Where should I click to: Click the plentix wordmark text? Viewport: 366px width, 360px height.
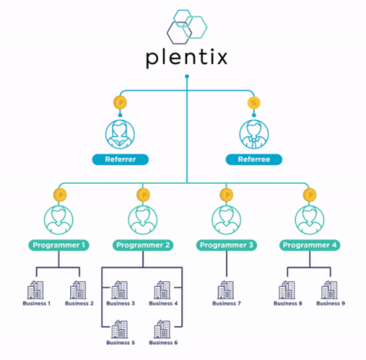point(187,58)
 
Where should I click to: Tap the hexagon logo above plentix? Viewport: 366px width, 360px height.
point(187,26)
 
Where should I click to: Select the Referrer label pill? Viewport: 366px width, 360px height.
point(121,160)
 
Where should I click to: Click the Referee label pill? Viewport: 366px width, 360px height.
point(254,160)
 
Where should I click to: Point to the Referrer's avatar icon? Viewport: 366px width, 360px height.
point(120,134)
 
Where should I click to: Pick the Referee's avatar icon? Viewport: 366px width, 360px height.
point(254,134)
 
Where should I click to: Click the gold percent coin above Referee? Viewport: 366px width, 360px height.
point(254,103)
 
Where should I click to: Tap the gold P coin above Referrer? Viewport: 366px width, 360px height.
point(120,103)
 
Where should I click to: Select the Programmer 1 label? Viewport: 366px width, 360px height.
point(58,245)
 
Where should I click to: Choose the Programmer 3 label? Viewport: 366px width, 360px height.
point(227,245)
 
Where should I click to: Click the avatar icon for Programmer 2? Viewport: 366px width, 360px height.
point(143,220)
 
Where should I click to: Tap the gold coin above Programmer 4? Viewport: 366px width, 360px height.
point(310,195)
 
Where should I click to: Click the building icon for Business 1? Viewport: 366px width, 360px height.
point(36,290)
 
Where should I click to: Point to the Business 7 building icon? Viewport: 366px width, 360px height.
point(226,290)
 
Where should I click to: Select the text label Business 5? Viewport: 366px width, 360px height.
point(121,343)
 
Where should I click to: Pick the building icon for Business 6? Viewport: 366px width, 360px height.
point(162,329)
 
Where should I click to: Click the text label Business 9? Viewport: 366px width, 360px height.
point(331,303)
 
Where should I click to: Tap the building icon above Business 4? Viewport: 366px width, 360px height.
point(162,290)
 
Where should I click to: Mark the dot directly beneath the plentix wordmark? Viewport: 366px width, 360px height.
point(187,76)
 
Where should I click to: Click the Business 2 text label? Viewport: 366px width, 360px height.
point(79,303)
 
